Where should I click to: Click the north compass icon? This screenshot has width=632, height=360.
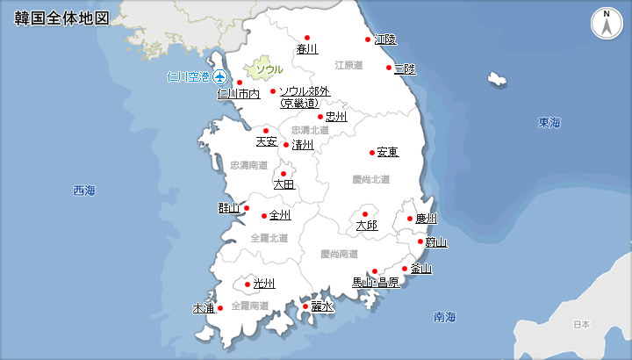pyautogui.click(x=607, y=24)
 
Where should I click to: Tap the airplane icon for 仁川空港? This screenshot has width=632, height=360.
pyautogui.click(x=219, y=77)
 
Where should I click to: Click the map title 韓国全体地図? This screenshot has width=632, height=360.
pyautogui.click(x=61, y=18)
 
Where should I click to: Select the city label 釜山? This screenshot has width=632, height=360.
pyautogui.click(x=420, y=269)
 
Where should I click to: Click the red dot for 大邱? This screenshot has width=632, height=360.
pyautogui.click(x=365, y=214)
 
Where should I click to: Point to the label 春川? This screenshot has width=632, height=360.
pyautogui.click(x=307, y=49)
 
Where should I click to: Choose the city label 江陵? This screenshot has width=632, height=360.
pyautogui.click(x=384, y=40)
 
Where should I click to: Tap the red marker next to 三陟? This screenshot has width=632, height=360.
pyautogui.click(x=388, y=68)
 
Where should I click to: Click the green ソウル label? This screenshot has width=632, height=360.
pyautogui.click(x=269, y=69)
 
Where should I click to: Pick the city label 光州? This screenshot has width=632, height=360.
pyautogui.click(x=264, y=284)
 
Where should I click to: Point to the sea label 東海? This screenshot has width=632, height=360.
pyautogui.click(x=549, y=122)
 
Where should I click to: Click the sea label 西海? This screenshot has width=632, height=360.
pyautogui.click(x=84, y=191)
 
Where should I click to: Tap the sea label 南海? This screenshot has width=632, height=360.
pyautogui.click(x=445, y=316)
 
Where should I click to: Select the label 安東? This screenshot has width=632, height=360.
pyautogui.click(x=387, y=153)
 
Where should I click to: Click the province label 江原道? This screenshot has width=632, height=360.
pyautogui.click(x=348, y=65)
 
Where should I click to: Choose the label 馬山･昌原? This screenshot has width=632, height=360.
pyautogui.click(x=376, y=283)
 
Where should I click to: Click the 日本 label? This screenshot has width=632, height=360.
pyautogui.click(x=581, y=324)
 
